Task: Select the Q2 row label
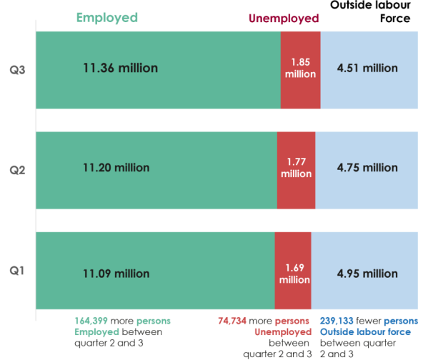click(16, 171)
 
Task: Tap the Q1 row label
click(16, 271)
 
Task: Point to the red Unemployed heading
click(283, 19)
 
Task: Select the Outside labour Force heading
click(374, 12)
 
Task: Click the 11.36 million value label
click(120, 69)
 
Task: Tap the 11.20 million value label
click(116, 168)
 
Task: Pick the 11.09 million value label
click(116, 274)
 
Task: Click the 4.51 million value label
click(367, 69)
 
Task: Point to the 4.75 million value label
click(367, 168)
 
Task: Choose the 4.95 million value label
click(367, 274)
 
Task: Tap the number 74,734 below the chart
click(236, 321)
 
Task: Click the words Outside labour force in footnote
click(364, 332)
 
